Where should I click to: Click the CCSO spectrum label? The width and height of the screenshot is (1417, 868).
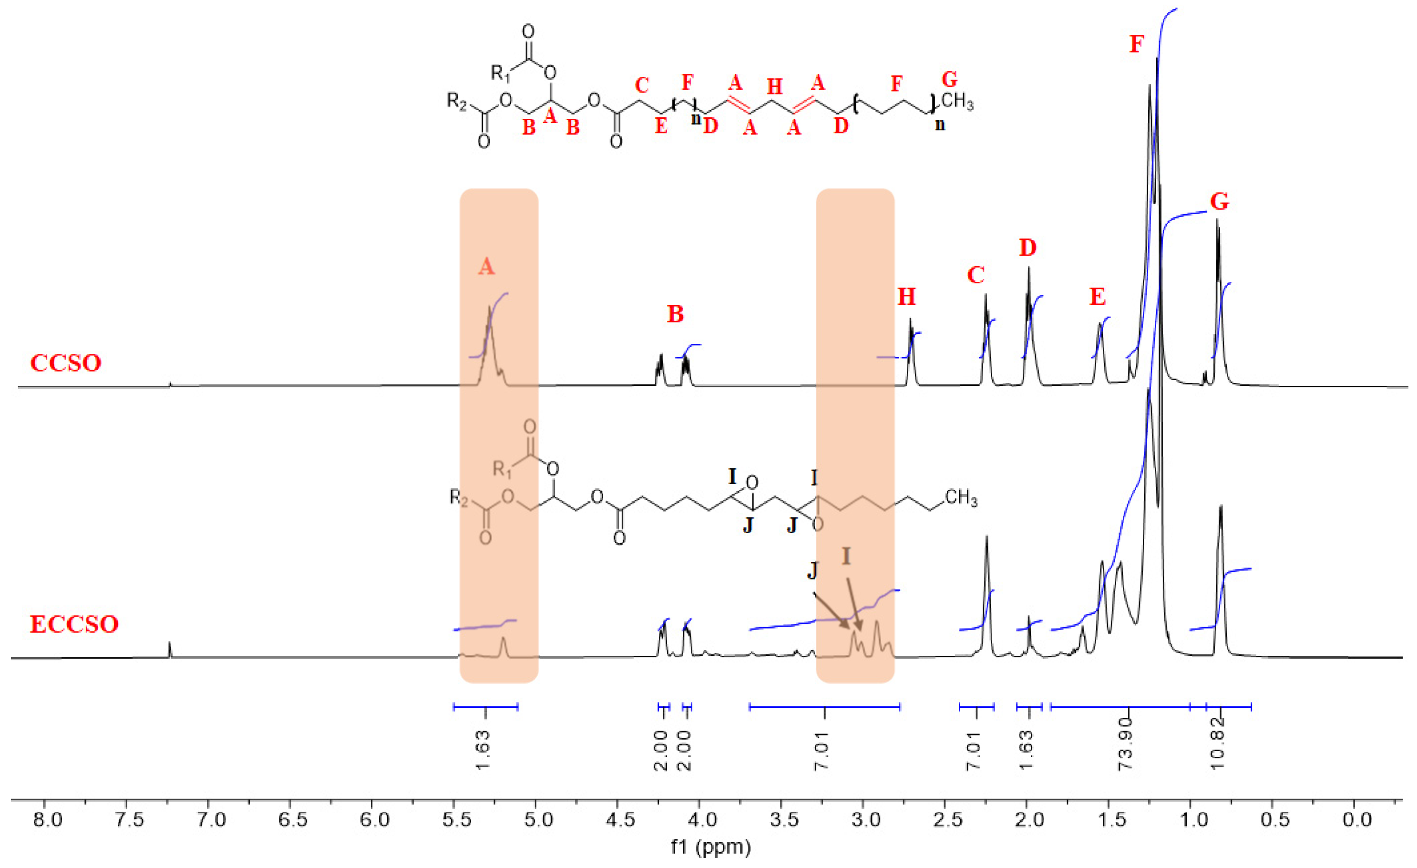pos(66,363)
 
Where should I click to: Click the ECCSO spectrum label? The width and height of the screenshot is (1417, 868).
pos(74,624)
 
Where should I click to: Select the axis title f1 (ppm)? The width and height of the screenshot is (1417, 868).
pos(710,847)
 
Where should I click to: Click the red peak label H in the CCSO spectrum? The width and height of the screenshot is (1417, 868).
pos(906,297)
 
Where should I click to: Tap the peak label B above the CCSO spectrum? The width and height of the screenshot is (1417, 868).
pos(675,315)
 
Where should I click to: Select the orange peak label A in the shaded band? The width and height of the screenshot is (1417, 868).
pos(486,266)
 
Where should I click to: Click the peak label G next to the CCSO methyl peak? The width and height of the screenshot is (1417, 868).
pos(1219,202)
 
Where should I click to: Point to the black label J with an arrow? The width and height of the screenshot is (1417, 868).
pos(812,570)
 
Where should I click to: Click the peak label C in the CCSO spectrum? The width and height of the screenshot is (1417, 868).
pos(976,276)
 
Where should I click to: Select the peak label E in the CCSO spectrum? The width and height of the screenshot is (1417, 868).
pos(1097,297)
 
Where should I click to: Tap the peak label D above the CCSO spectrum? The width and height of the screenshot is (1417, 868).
pos(1027,248)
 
